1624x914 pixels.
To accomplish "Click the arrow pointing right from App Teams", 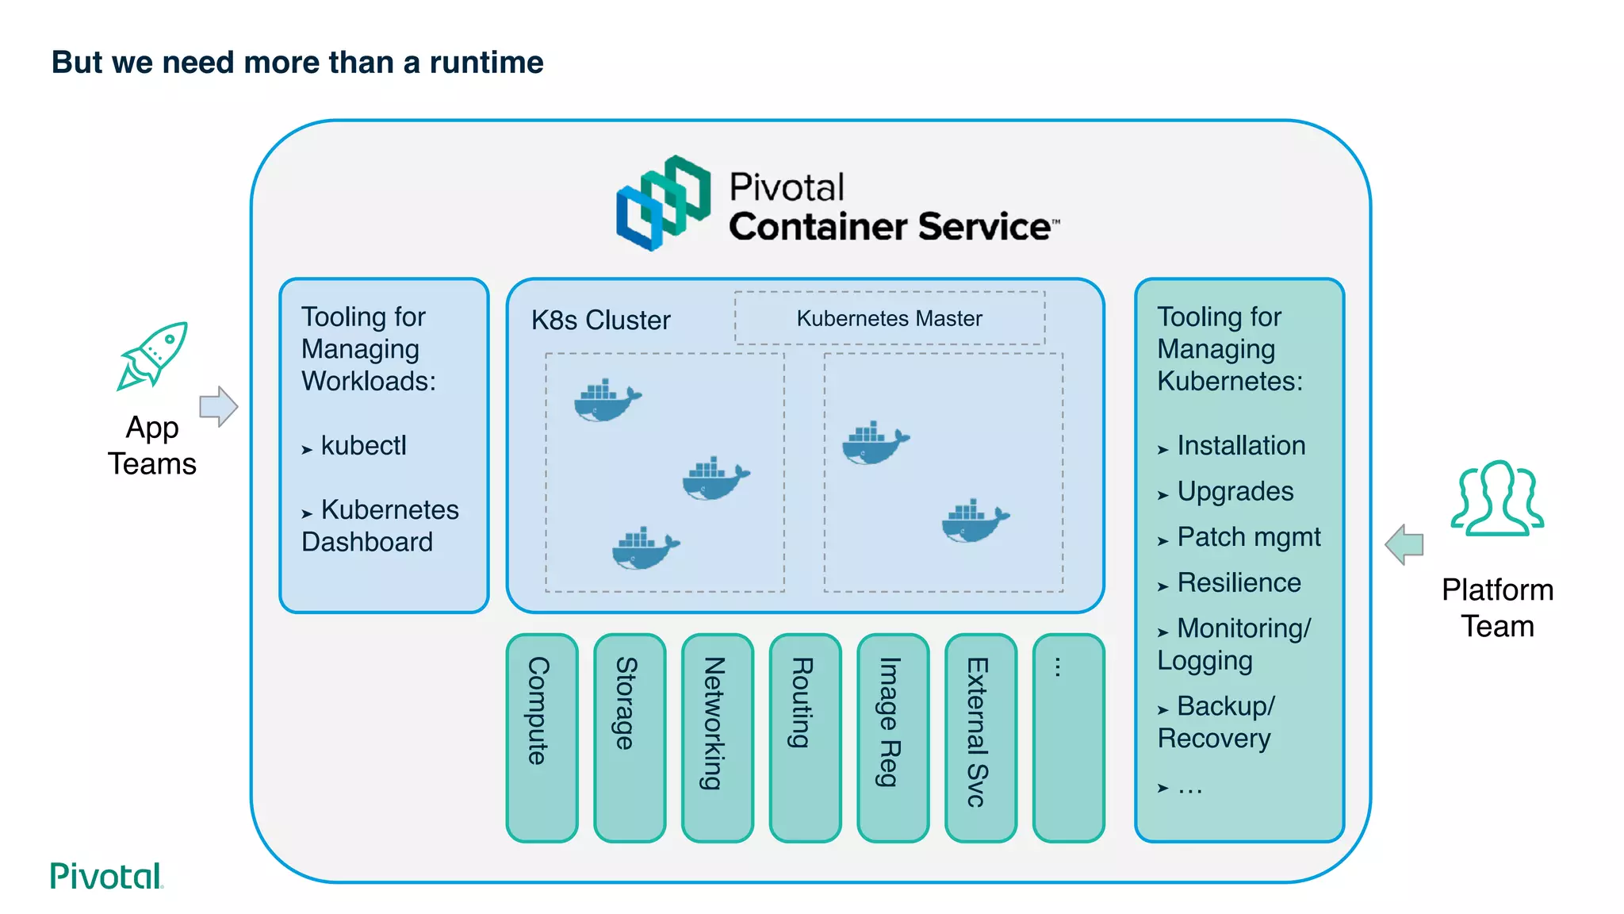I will (218, 407).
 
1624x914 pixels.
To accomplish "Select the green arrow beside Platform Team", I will (1404, 544).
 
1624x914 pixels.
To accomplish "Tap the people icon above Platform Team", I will (1497, 497).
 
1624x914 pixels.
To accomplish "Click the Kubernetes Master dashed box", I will (889, 318).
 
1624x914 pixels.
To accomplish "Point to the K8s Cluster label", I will (600, 320).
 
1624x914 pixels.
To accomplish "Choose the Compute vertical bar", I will (542, 737).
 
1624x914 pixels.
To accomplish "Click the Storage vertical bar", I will (630, 737).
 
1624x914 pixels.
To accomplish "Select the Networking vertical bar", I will (717, 737).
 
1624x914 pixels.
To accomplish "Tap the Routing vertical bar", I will (805, 737).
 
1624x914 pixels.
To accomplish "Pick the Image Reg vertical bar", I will (893, 737).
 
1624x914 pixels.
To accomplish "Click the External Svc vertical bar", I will (981, 737).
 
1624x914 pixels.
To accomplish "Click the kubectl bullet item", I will (363, 446).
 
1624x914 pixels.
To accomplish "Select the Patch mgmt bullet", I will (1248, 537).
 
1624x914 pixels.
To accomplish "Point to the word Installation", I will (1241, 446).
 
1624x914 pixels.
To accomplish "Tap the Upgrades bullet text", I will (1235, 492).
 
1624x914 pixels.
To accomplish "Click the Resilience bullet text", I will (1239, 583).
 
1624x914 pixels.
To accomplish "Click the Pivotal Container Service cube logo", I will (664, 203).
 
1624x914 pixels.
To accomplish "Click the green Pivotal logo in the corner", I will (105, 876).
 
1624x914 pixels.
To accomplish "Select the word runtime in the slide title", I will (486, 63).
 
